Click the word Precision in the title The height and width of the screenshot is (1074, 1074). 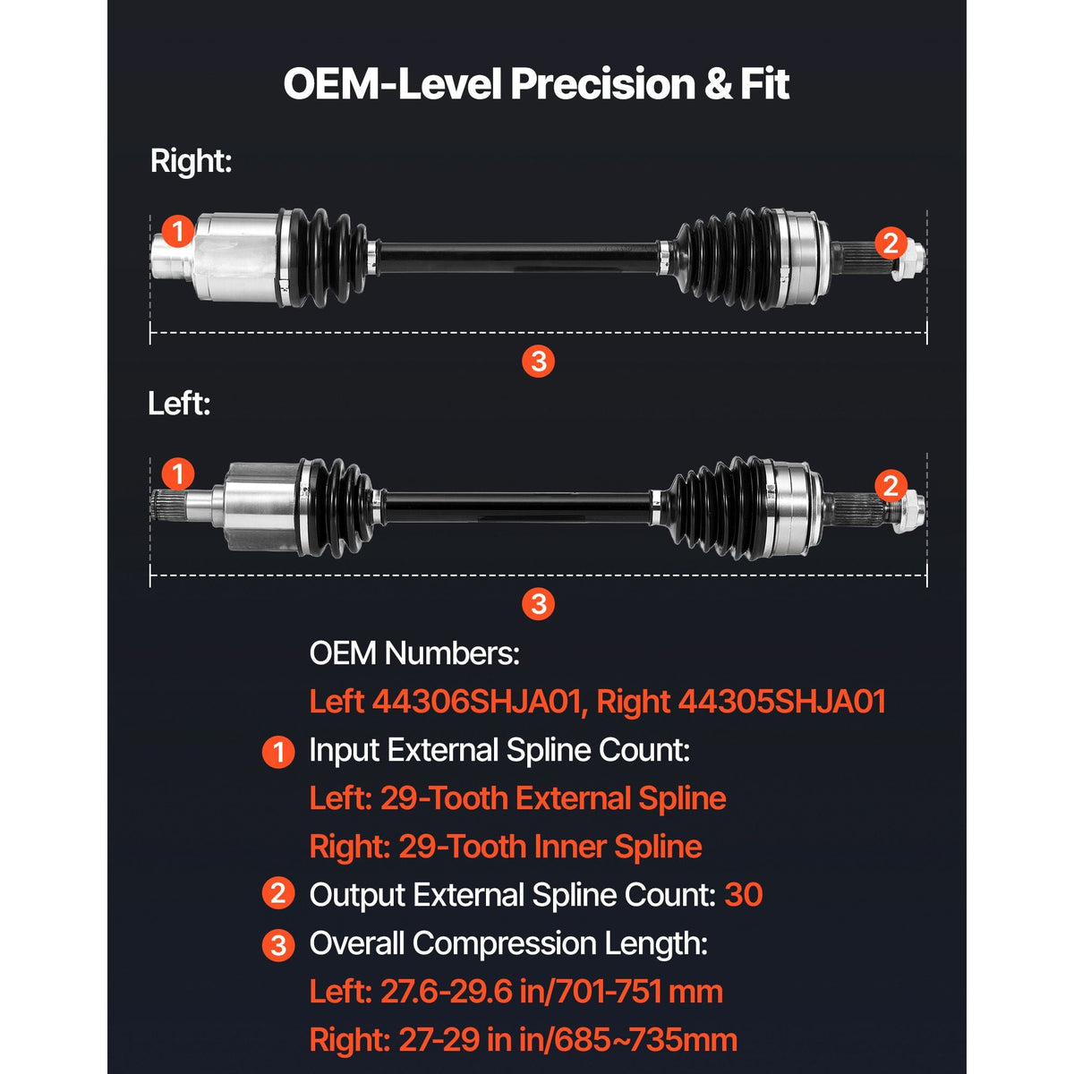tap(602, 84)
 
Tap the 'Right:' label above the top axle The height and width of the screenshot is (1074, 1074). tap(191, 162)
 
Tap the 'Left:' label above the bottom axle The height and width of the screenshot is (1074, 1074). tap(179, 403)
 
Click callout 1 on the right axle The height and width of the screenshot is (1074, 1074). tap(178, 231)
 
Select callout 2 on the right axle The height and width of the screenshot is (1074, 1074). tap(890, 243)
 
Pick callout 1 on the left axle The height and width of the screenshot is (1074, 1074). tap(178, 474)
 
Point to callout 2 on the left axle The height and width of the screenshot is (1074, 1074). tap(890, 485)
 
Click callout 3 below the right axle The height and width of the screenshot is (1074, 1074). tap(538, 362)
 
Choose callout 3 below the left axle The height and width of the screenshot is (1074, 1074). tap(538, 603)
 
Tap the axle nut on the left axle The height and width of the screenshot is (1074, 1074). tap(909, 512)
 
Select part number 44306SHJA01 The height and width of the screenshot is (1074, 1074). tap(476, 701)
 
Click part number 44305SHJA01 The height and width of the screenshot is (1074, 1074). tap(782, 701)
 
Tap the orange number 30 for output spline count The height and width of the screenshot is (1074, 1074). tap(744, 895)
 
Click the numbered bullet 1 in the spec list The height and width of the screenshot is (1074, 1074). tap(278, 753)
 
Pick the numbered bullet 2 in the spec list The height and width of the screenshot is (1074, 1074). tap(278, 894)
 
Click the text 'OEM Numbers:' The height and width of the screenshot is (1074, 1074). tap(414, 652)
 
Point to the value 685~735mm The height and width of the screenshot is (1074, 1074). tap(646, 1040)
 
